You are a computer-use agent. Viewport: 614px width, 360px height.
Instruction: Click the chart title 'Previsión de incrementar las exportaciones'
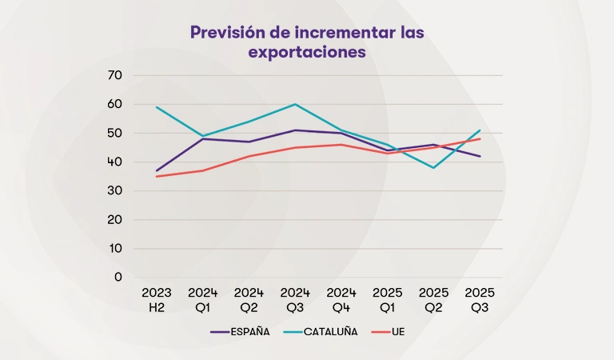pos(307,42)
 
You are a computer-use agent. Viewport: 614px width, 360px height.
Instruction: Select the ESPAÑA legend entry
pos(240,331)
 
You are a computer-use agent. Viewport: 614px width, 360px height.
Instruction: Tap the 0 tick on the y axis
pos(118,277)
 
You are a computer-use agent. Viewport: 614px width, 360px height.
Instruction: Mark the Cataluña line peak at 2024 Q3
pos(295,104)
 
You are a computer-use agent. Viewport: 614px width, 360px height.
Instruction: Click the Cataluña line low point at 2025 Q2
pos(434,167)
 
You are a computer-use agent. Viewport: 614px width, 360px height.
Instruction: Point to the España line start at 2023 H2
pos(157,170)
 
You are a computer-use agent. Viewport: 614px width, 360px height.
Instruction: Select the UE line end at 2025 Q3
pos(480,138)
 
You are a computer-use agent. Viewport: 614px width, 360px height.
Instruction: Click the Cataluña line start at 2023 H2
pos(157,107)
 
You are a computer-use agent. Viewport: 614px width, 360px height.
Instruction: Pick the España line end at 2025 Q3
pos(480,156)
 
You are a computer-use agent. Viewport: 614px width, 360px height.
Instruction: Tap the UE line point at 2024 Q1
pos(203,170)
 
